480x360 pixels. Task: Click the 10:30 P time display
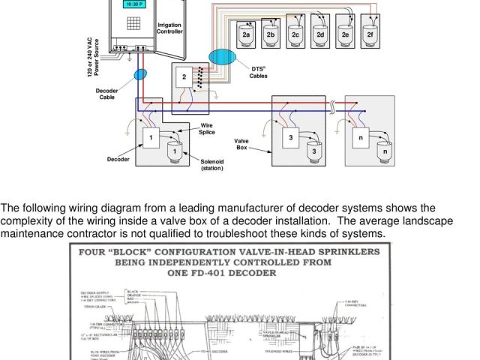point(133,4)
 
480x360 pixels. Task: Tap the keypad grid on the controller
point(133,22)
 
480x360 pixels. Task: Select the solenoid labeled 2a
point(247,34)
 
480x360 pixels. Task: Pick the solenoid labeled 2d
point(320,34)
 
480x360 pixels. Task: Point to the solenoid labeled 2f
point(369,34)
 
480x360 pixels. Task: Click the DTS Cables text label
point(258,73)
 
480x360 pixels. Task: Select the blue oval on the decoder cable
point(140,74)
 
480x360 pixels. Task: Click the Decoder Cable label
point(107,94)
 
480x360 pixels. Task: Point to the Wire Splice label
point(207,129)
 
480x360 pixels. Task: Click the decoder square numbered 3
point(291,137)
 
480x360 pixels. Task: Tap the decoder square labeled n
point(361,138)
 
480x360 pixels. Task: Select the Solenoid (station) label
point(212,165)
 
